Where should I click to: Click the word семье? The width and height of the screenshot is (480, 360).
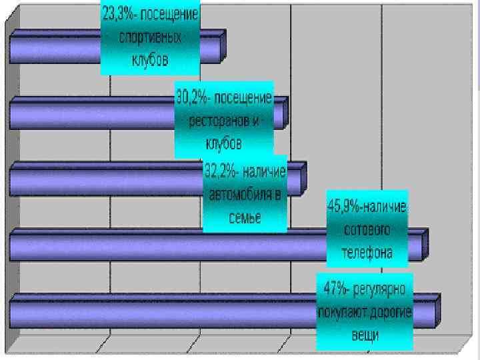click(x=244, y=217)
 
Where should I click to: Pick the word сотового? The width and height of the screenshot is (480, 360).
click(x=367, y=230)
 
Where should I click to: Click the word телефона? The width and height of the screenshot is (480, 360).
click(x=367, y=253)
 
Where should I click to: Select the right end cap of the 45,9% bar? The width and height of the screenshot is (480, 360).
click(x=425, y=244)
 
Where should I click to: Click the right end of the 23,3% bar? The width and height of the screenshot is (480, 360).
click(x=223, y=46)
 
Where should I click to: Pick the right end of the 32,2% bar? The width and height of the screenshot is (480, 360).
click(x=305, y=178)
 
